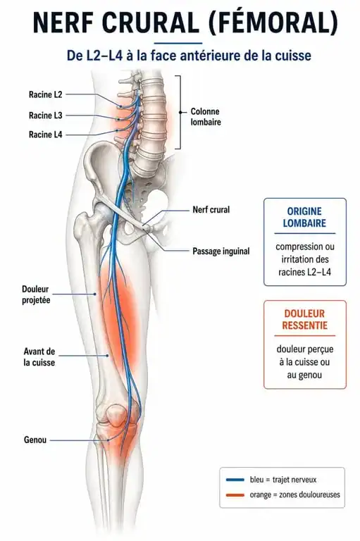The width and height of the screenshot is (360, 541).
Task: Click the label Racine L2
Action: point(45,94)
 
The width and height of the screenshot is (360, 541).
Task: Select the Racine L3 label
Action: point(45,116)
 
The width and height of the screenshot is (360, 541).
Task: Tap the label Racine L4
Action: point(45,135)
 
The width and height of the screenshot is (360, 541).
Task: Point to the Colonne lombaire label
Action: point(206,117)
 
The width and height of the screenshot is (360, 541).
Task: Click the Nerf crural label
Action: point(211,209)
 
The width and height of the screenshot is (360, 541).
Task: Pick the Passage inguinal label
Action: point(221,251)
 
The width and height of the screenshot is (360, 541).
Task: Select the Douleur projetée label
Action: point(36,294)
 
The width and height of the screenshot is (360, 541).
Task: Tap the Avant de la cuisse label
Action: point(39,356)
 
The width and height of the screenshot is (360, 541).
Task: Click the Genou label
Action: point(35,440)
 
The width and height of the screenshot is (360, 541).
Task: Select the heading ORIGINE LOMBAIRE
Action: point(304,218)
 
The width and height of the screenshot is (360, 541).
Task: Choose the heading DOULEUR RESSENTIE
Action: point(304,320)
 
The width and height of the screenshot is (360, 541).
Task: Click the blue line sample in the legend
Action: point(235,480)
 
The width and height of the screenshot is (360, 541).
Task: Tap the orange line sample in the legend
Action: point(235,495)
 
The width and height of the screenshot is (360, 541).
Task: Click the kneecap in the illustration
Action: point(116,416)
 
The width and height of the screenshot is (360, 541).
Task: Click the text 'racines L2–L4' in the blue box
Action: point(304,272)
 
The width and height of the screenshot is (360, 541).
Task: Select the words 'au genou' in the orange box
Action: point(304,375)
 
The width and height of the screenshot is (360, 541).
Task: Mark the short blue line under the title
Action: point(178,43)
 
